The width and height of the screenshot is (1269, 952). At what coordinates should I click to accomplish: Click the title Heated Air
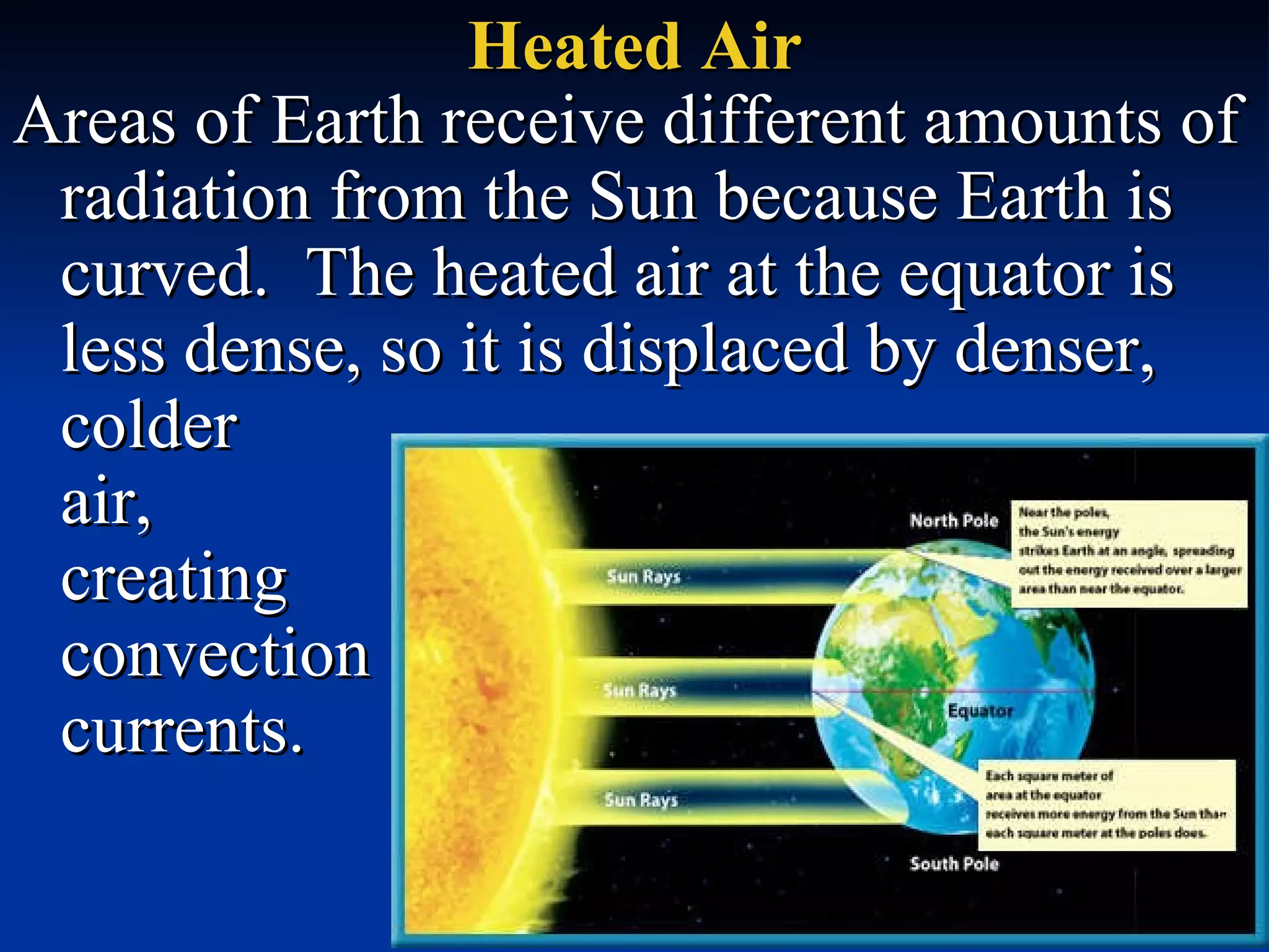(x=634, y=46)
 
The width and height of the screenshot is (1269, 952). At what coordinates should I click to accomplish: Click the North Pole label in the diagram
(x=954, y=521)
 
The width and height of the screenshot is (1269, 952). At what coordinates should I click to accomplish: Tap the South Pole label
(x=954, y=863)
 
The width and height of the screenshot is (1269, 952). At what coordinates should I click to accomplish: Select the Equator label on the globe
(x=981, y=711)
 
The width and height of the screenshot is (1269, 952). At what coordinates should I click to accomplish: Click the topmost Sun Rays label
(x=643, y=577)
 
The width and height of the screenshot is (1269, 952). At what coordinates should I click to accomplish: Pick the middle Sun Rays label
(x=639, y=690)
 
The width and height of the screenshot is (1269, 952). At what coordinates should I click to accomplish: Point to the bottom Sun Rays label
(x=641, y=800)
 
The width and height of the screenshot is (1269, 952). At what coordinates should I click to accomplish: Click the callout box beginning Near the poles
(x=1129, y=553)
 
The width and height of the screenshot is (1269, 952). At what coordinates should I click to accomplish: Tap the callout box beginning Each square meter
(x=1107, y=804)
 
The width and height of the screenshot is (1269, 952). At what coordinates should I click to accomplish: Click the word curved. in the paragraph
(x=164, y=273)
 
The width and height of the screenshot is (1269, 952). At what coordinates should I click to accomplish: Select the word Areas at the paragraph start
(x=97, y=121)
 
